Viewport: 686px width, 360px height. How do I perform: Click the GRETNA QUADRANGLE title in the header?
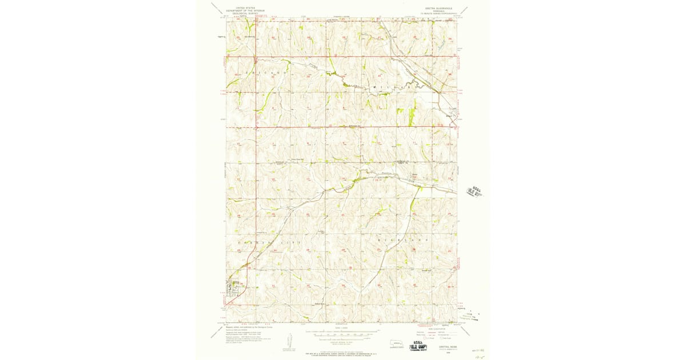click(438, 7)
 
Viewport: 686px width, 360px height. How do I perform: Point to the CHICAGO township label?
click(264, 74)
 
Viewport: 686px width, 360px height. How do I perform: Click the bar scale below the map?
click(341, 333)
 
